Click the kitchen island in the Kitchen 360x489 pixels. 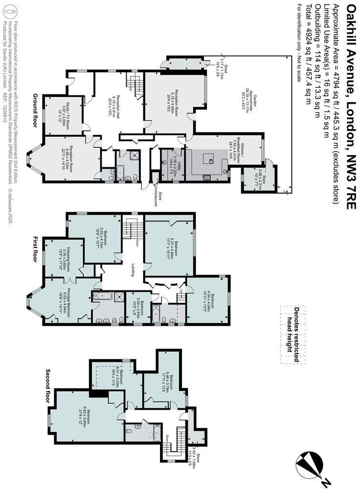pos(207,159)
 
